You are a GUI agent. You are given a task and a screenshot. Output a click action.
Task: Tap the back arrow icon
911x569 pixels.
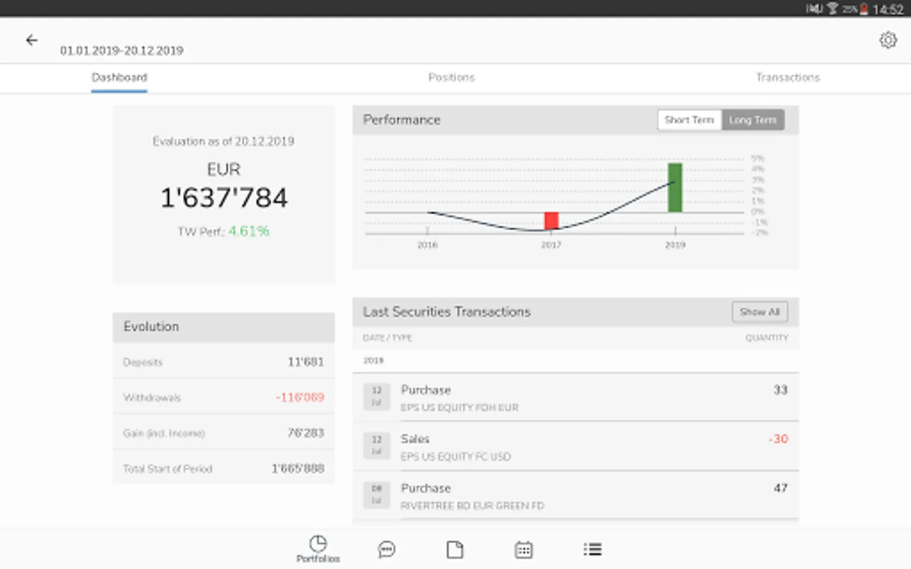click(32, 40)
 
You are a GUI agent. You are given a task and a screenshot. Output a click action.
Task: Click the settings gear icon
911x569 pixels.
click(888, 40)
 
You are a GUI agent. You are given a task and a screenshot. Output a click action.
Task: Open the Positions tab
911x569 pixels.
click(451, 78)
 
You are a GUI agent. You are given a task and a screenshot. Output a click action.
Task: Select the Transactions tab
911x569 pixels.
click(788, 78)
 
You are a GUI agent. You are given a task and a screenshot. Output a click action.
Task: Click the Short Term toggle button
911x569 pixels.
click(689, 120)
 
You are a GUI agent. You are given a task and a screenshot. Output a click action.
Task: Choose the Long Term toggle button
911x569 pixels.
click(752, 120)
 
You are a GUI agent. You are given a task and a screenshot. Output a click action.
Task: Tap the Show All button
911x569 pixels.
click(759, 312)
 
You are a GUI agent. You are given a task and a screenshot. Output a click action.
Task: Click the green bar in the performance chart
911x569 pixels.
click(675, 187)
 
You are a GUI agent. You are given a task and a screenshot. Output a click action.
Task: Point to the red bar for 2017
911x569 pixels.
click(551, 221)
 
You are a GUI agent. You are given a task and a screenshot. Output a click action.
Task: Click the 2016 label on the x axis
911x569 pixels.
click(428, 245)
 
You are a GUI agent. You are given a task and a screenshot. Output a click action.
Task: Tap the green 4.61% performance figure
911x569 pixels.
click(249, 231)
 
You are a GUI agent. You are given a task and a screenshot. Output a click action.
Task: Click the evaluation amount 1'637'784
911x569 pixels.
click(224, 198)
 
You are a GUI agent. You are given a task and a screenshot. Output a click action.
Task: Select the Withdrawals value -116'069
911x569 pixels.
click(300, 398)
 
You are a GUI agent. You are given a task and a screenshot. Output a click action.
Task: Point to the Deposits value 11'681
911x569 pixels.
click(306, 362)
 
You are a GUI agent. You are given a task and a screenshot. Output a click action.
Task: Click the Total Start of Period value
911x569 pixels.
click(298, 468)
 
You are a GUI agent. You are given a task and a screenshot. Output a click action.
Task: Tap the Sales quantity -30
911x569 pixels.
click(778, 439)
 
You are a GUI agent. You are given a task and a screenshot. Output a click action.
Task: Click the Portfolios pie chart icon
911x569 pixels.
click(318, 544)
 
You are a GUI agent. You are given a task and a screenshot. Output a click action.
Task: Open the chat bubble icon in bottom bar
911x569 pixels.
click(387, 549)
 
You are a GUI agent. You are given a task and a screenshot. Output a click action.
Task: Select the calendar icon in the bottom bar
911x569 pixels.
click(523, 549)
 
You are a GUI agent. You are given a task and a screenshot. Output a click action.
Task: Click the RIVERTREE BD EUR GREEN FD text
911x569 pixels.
click(472, 506)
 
